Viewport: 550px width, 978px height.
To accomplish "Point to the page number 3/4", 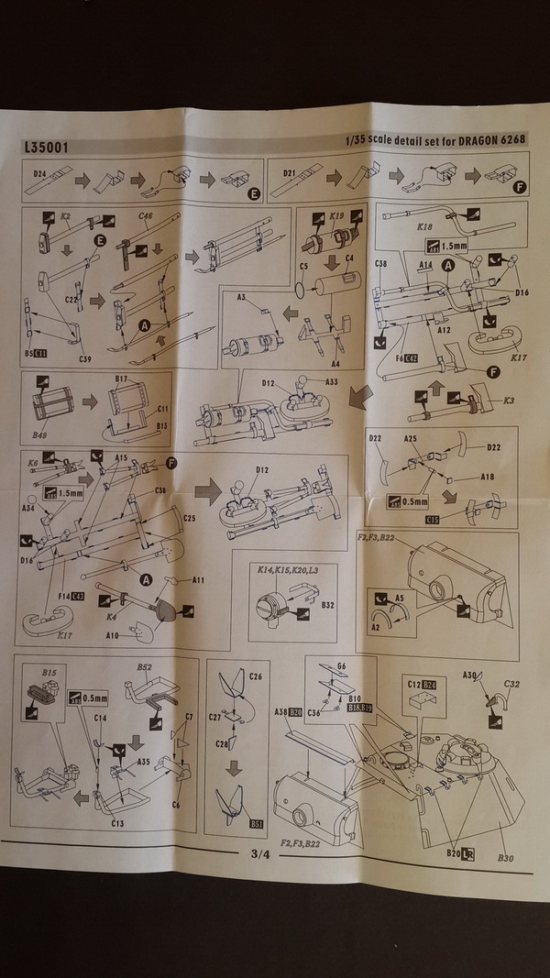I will click(x=259, y=855).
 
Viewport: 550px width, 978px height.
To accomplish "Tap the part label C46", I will click(x=146, y=216).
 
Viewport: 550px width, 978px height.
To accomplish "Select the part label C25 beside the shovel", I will click(x=189, y=518).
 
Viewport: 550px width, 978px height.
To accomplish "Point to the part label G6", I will click(x=341, y=664).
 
